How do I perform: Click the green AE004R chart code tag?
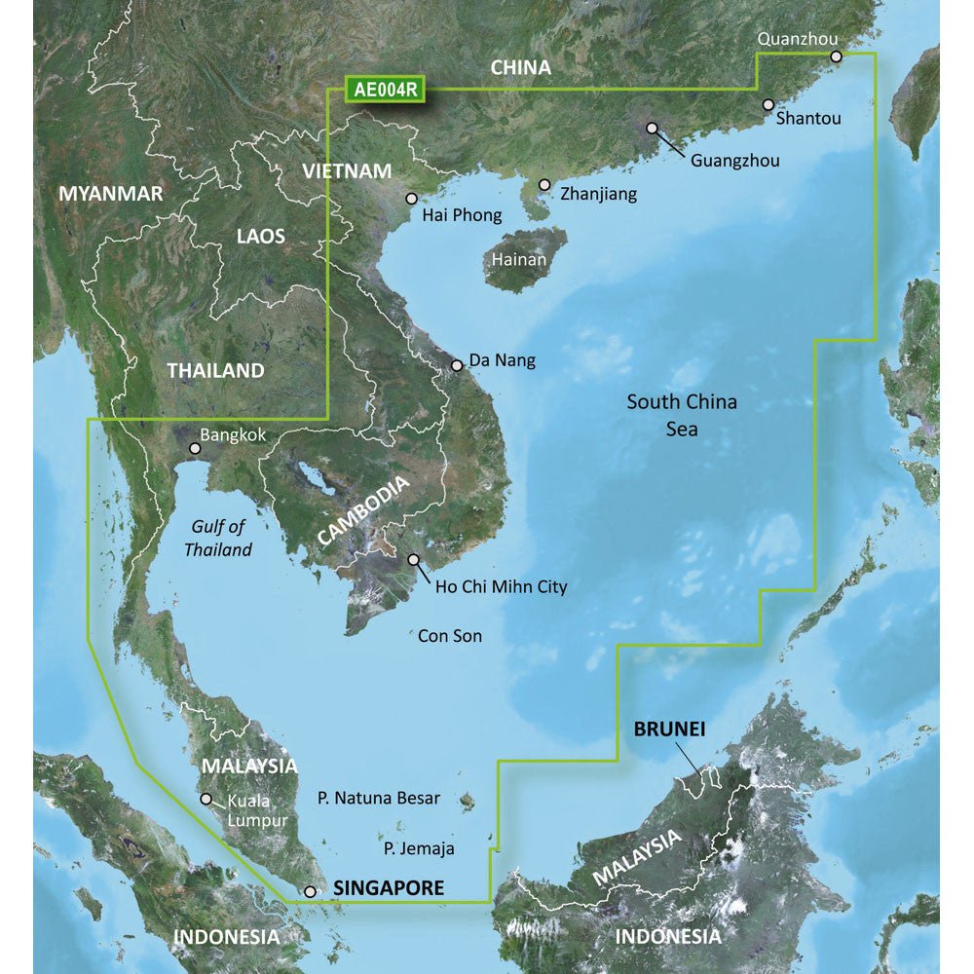pyautogui.click(x=386, y=91)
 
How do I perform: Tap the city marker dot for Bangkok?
pyautogui.click(x=195, y=449)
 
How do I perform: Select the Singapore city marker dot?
pyautogui.click(x=310, y=891)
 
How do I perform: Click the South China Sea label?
pyautogui.click(x=682, y=414)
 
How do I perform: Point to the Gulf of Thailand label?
pyautogui.click(x=218, y=539)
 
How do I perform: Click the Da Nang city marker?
pyautogui.click(x=457, y=366)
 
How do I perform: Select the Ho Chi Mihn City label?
pyautogui.click(x=501, y=587)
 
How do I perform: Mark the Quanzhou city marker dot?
pyautogui.click(x=836, y=57)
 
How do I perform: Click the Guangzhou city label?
pyautogui.click(x=734, y=161)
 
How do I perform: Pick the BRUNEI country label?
pyautogui.click(x=669, y=729)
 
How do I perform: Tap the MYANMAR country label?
pyautogui.click(x=111, y=194)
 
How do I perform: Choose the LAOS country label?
pyautogui.click(x=261, y=236)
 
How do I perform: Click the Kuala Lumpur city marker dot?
pyautogui.click(x=206, y=799)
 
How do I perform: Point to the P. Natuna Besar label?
pyautogui.click(x=379, y=798)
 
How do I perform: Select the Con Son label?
pyautogui.click(x=450, y=636)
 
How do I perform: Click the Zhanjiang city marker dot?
pyautogui.click(x=544, y=184)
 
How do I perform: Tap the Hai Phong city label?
pyautogui.click(x=463, y=215)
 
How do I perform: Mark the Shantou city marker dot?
pyautogui.click(x=768, y=104)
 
